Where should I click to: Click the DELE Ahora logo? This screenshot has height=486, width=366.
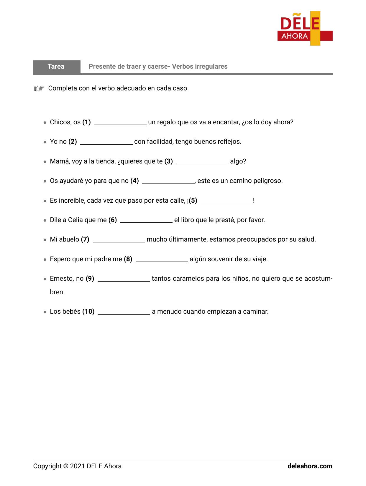point(305,29)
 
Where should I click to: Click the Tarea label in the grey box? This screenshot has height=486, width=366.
point(56,67)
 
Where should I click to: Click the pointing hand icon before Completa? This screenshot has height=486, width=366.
point(39,88)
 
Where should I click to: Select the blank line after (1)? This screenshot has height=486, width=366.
point(120,124)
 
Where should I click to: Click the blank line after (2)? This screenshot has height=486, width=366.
point(106,143)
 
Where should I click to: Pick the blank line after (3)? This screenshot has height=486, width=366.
point(202,163)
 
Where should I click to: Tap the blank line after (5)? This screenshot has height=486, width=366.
point(227,202)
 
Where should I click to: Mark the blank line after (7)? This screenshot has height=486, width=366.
point(119,241)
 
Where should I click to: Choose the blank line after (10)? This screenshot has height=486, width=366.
point(124,313)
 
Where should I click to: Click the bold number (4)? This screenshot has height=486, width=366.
point(134,181)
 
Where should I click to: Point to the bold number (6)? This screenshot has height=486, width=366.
point(113,220)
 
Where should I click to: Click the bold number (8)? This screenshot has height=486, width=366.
point(128,259)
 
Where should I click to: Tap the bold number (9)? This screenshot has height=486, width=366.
point(90,279)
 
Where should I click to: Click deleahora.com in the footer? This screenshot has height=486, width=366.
point(310,466)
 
